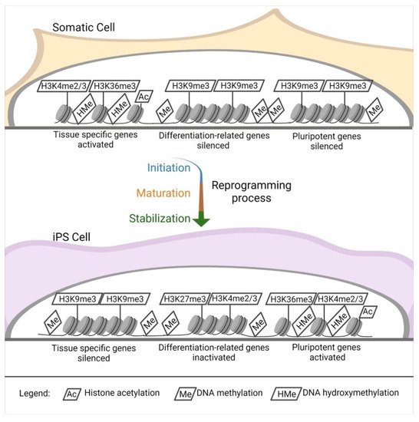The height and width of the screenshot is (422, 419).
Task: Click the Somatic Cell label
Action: [84, 27]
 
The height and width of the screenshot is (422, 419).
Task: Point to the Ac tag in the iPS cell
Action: [367, 312]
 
